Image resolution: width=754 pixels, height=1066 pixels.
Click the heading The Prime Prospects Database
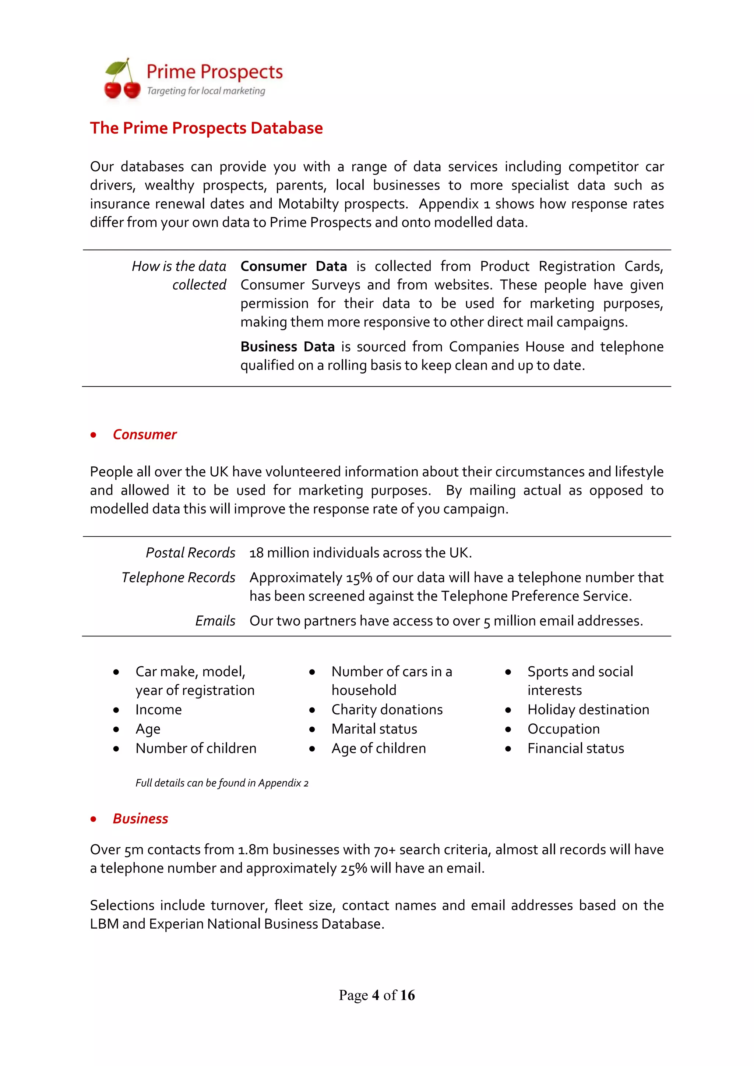pyautogui.click(x=206, y=128)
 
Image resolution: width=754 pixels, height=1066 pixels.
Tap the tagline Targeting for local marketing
pyautogui.click(x=206, y=91)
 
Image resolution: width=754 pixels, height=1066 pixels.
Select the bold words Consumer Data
pyautogui.click(x=293, y=266)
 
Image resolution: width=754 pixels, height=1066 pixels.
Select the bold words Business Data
pyautogui.click(x=288, y=347)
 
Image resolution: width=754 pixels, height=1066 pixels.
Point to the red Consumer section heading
pyautogui.click(x=144, y=435)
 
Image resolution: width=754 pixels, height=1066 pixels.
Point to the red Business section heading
pyautogui.click(x=140, y=819)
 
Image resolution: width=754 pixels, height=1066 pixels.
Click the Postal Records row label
pyautogui.click(x=190, y=553)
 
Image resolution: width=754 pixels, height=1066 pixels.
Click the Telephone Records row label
pyautogui.click(x=178, y=578)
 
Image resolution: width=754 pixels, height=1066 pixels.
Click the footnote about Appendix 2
pyautogui.click(x=222, y=783)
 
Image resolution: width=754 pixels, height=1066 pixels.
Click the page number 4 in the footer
pyautogui.click(x=376, y=995)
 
